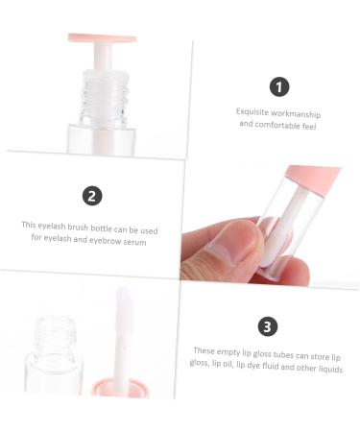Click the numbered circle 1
click(279, 86)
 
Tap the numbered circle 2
click(92, 196)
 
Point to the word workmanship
click(300, 111)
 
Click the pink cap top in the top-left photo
click(102, 39)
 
